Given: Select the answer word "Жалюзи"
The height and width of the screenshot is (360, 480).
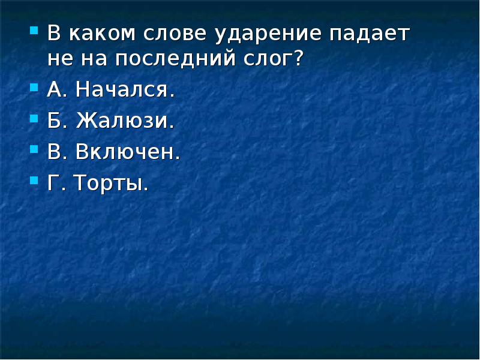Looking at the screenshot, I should [125, 121].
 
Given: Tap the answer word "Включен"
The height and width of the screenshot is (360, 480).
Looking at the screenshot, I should [128, 152].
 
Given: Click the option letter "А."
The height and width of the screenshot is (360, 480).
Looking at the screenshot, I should [57, 91].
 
